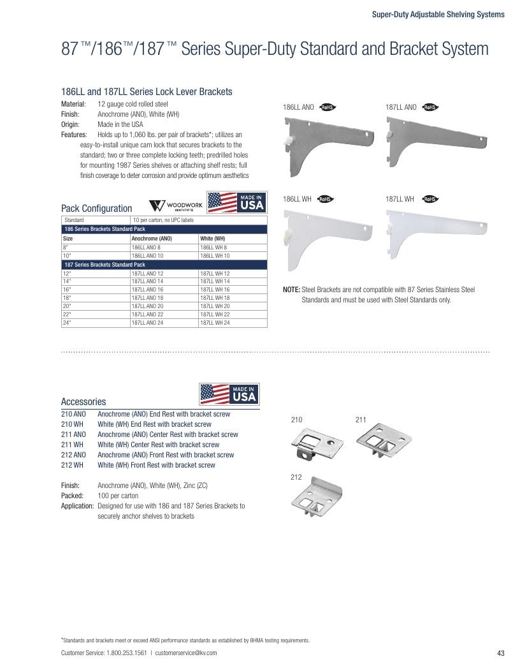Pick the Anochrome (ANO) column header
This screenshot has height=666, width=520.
click(x=152, y=239)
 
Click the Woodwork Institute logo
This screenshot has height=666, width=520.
click(x=176, y=206)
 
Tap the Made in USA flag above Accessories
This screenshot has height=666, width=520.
click(x=229, y=394)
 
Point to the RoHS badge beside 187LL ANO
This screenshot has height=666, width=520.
click(x=430, y=107)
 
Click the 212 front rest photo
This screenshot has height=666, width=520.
click(x=317, y=496)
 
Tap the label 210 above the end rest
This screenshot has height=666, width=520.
click(x=296, y=420)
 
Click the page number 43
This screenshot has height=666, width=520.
click(x=500, y=653)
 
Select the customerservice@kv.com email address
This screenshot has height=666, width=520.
click(x=186, y=653)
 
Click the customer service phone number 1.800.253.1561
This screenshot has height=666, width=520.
click(x=126, y=653)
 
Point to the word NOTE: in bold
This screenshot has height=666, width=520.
click(x=291, y=290)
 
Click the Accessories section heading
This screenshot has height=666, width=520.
click(x=83, y=401)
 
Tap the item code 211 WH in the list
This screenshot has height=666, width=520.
click(x=72, y=445)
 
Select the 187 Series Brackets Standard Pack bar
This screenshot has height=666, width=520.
click(x=164, y=265)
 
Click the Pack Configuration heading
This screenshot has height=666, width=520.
click(x=97, y=208)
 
